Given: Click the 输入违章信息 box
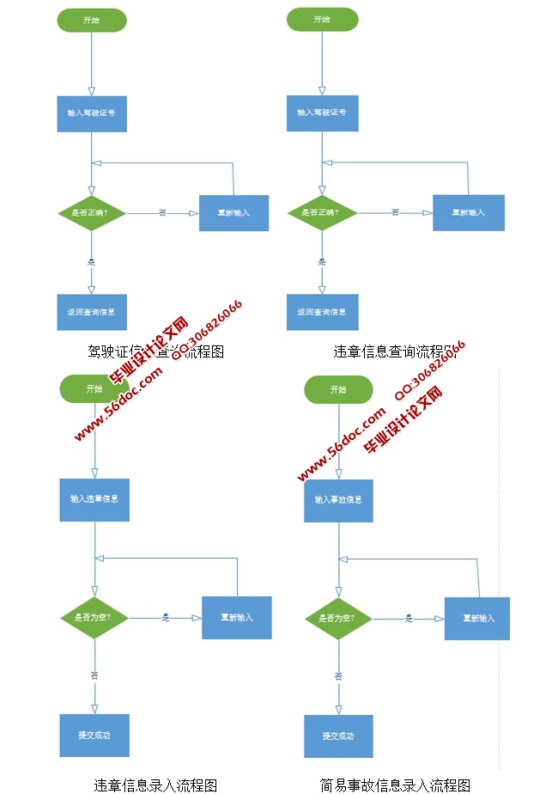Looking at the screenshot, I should pos(94,499).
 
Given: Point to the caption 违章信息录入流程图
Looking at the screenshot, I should pos(155,784).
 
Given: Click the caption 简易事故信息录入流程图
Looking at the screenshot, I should pos(396,784).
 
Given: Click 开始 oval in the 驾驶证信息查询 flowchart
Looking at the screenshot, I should pos(92,20).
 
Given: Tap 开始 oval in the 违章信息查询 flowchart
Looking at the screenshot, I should pos(322,20).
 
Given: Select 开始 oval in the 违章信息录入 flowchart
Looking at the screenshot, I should pos(94,389).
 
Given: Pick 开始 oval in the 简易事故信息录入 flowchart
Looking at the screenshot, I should pos(338,390).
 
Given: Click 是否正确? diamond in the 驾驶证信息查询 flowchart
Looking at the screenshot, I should pos(91,212).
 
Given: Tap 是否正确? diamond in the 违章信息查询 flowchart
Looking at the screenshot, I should pos(322,212).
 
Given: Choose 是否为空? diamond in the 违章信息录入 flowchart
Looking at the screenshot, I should pos(94,617).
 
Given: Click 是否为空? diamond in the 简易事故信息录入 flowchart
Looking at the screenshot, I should pos(338,618).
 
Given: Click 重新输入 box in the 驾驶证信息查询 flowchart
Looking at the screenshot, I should pos(234,213).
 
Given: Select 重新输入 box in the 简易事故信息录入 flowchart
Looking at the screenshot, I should pos(477,618).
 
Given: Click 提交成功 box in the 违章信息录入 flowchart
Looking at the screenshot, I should pos(94,736).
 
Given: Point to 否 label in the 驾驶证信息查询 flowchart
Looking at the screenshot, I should pos(162,212).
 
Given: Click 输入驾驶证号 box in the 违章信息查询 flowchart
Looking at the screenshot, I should pos(322,113).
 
